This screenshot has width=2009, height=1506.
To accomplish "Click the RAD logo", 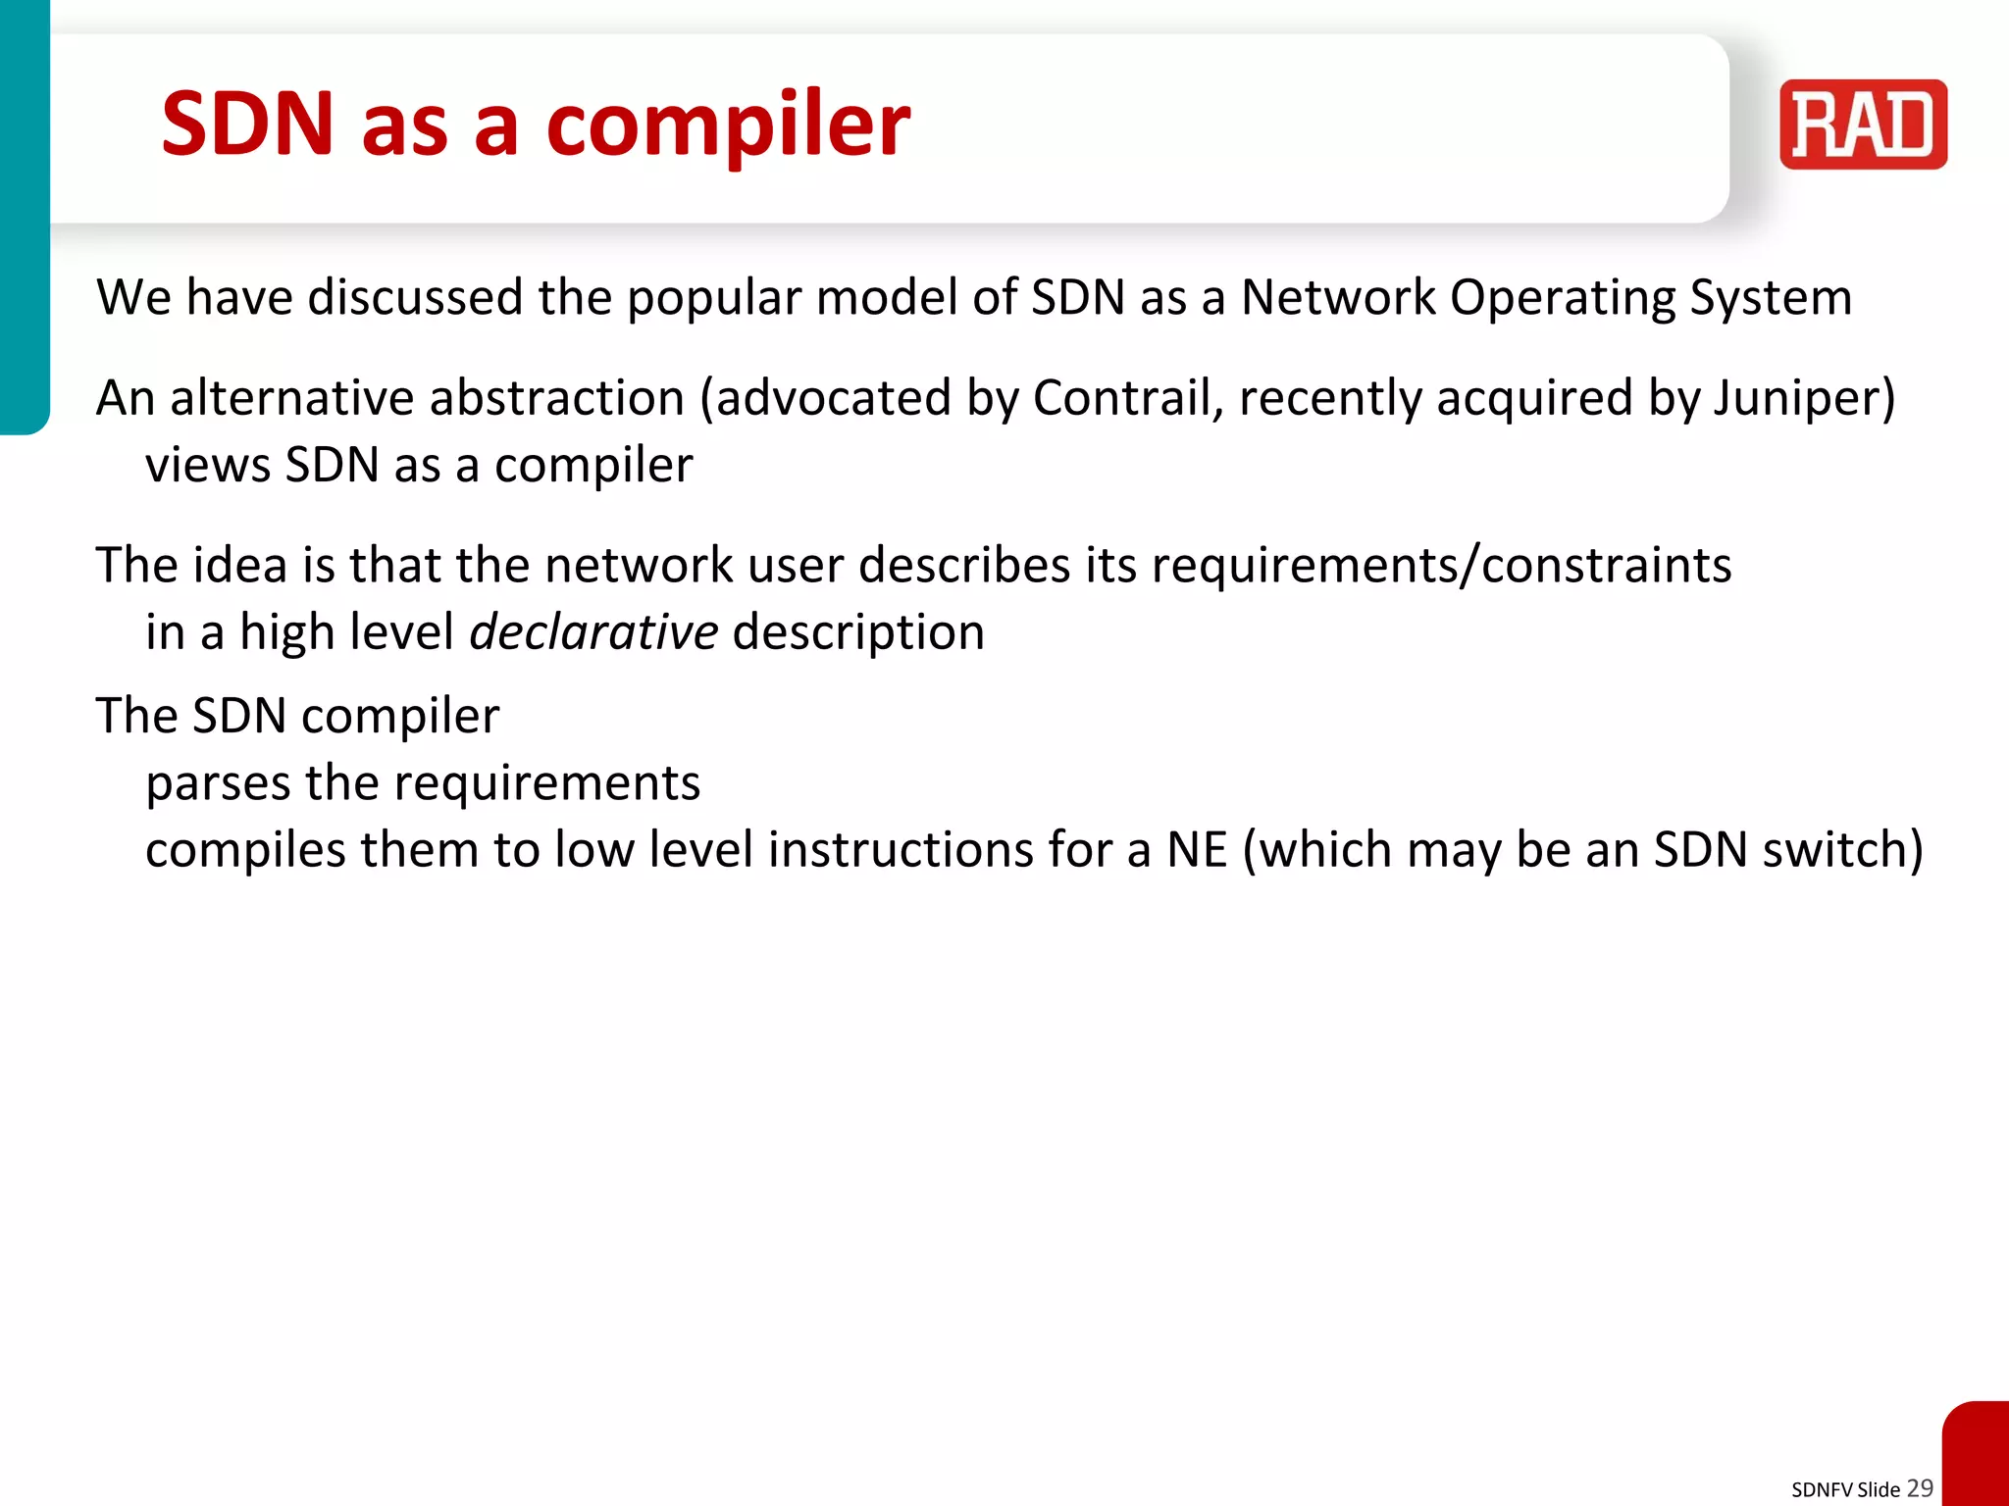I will (1863, 125).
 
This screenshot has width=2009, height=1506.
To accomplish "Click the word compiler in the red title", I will (728, 125).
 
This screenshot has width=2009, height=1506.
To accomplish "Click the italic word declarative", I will (593, 631).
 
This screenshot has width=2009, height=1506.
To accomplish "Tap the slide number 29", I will (1920, 1487).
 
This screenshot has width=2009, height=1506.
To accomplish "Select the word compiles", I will (245, 850).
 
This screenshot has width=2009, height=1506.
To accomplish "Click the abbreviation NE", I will (1197, 850).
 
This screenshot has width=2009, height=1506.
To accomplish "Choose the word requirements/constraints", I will (1441, 566).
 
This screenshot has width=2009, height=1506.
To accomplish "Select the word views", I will (208, 465).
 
